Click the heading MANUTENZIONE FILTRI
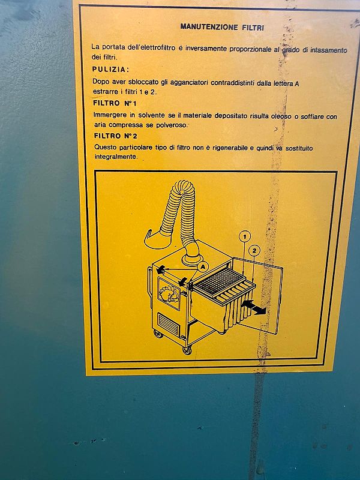point(222,26)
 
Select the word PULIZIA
point(110,70)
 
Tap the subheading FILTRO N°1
point(115,103)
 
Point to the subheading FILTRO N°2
point(115,136)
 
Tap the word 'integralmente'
point(116,157)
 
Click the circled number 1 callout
point(244,236)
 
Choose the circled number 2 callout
point(254,250)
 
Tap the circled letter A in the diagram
point(202,266)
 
